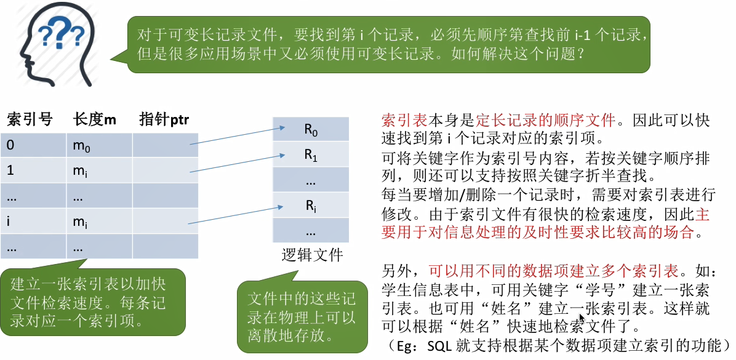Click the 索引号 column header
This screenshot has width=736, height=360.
point(29,119)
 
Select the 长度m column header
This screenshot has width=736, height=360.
point(94,119)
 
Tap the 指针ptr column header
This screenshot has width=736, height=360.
point(163,119)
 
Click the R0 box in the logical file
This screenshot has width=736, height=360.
point(311,129)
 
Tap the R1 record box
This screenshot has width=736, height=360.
point(311,154)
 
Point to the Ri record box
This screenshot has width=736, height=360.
point(311,205)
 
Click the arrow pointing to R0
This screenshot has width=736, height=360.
point(237,136)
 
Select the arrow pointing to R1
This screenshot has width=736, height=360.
point(237,163)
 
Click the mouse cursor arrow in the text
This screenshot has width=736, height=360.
point(581,319)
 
